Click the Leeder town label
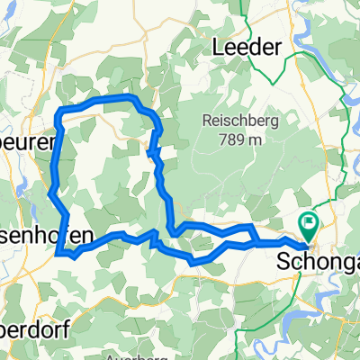pyautogui.click(x=245, y=48)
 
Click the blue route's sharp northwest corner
pyautogui.click(x=59, y=111)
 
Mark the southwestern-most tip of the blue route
pyautogui.click(x=58, y=254)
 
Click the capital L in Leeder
pyautogui.click(x=216, y=48)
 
